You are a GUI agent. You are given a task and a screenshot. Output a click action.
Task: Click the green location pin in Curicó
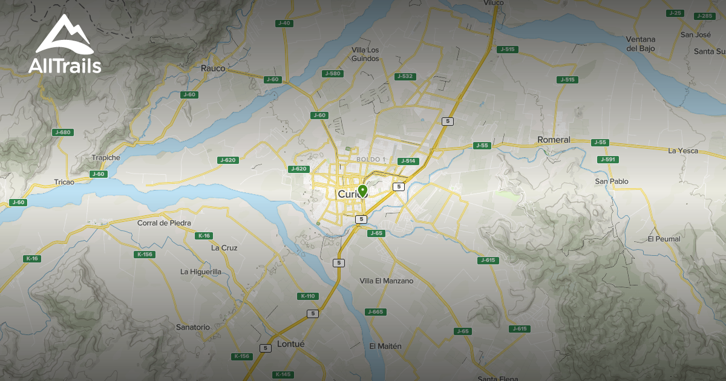pyautogui.click(x=362, y=191)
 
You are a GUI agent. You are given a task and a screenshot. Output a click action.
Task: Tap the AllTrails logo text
pyautogui.click(x=64, y=65)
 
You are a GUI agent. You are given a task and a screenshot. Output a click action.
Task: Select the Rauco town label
pyautogui.click(x=213, y=68)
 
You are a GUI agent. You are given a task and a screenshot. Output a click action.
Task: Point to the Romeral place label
pyautogui.click(x=554, y=140)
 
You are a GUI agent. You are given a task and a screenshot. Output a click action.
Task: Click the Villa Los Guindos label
pyautogui.click(x=365, y=54)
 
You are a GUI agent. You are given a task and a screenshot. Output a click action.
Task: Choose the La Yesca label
pyautogui.click(x=683, y=151)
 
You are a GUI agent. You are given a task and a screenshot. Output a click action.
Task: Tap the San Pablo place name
pyautogui.click(x=612, y=181)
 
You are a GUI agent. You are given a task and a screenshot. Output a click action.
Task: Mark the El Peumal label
pyautogui.click(x=664, y=239)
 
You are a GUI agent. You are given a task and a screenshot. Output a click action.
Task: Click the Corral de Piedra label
pyautogui.click(x=164, y=223)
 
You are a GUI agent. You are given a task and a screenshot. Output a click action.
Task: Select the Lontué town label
pyautogui.click(x=290, y=344)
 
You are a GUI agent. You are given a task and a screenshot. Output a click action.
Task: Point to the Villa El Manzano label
pyautogui.click(x=387, y=281)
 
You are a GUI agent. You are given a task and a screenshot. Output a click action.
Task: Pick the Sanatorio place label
pyautogui.click(x=192, y=327)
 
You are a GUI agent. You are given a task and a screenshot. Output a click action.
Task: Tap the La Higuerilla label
pyautogui.click(x=201, y=272)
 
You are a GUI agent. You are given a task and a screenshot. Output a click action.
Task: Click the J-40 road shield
pyautogui.click(x=284, y=23)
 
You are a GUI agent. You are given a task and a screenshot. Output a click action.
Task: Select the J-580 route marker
pyautogui.click(x=333, y=73)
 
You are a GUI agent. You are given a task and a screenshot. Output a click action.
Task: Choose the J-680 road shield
pyautogui.click(x=63, y=132)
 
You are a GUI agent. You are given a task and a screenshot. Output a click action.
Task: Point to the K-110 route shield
pyautogui.click(x=307, y=296)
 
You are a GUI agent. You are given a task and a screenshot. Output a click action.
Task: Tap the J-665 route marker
pyautogui.click(x=375, y=311)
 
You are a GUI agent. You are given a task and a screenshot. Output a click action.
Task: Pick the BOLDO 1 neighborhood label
pyautogui.click(x=371, y=159)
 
